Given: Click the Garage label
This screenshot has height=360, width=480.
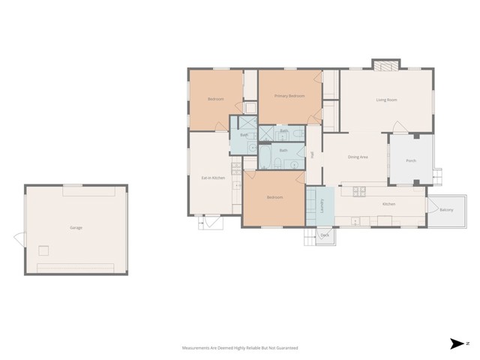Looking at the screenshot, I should click(76, 227).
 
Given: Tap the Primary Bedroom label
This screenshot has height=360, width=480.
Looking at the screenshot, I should click(289, 96).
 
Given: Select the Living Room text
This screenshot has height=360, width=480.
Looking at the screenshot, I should click(386, 100).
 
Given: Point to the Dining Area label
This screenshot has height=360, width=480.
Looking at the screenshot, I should click(357, 157).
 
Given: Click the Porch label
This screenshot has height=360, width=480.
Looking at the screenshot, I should click(411, 160).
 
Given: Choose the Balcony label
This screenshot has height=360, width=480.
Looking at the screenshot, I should click(446, 209).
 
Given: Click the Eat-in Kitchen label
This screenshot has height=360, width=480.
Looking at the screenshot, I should click(214, 178).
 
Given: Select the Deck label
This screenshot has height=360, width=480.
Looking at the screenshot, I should click(325, 235).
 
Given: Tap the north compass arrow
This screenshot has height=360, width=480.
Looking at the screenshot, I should click(457, 343).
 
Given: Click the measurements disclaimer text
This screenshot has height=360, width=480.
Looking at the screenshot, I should click(240, 348).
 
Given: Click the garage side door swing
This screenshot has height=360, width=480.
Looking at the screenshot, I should click(19, 238).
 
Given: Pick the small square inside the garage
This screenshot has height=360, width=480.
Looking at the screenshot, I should click(44, 250).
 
